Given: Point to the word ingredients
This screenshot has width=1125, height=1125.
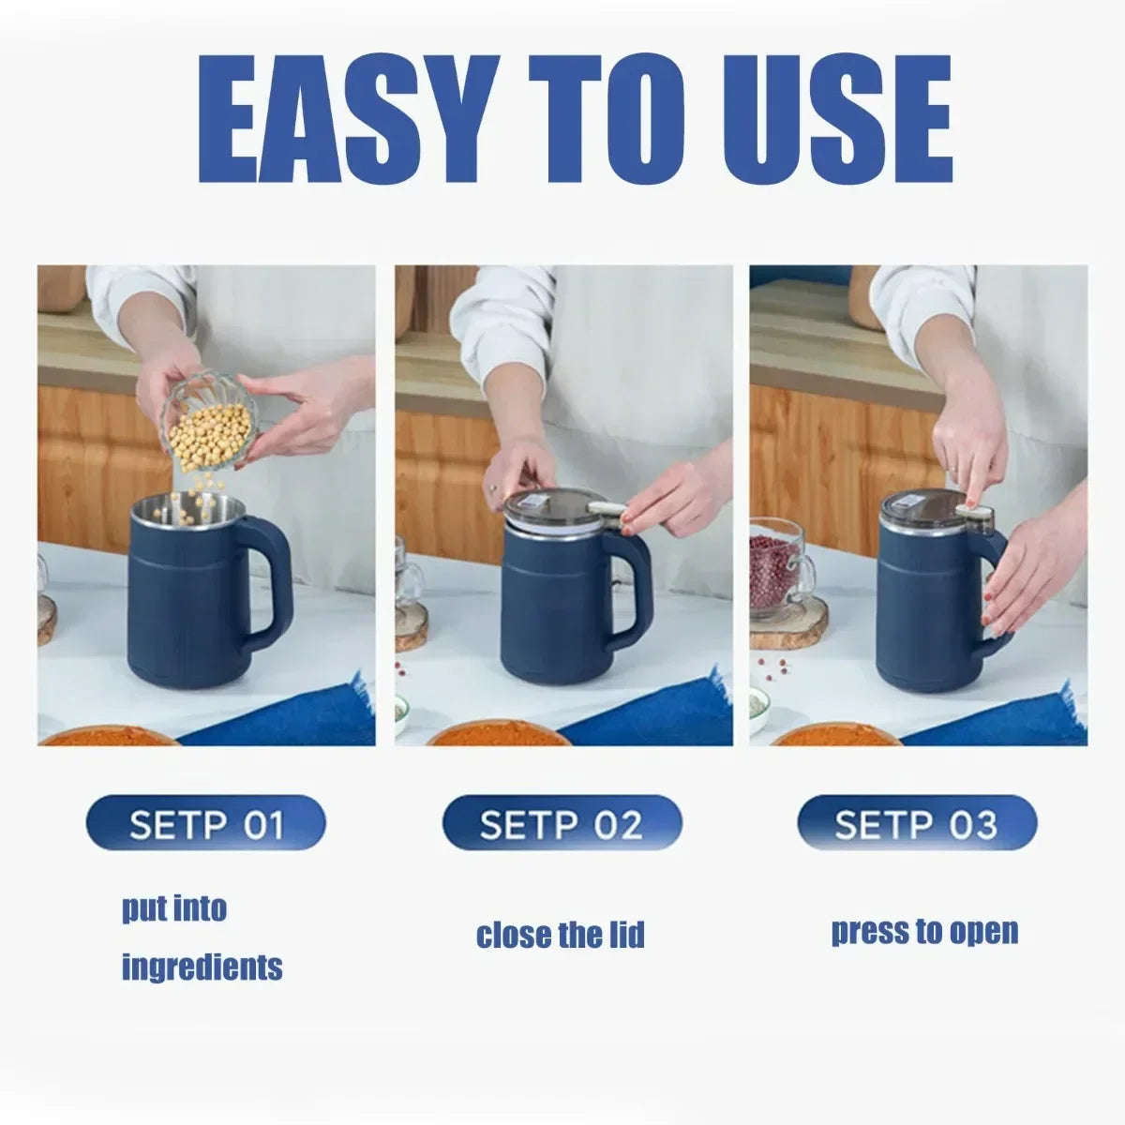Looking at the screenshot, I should [x=202, y=966].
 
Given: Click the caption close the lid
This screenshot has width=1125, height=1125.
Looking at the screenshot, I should [x=561, y=935].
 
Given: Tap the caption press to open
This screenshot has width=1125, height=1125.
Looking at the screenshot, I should [x=924, y=931].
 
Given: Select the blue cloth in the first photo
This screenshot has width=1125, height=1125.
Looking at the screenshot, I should [x=291, y=717].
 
